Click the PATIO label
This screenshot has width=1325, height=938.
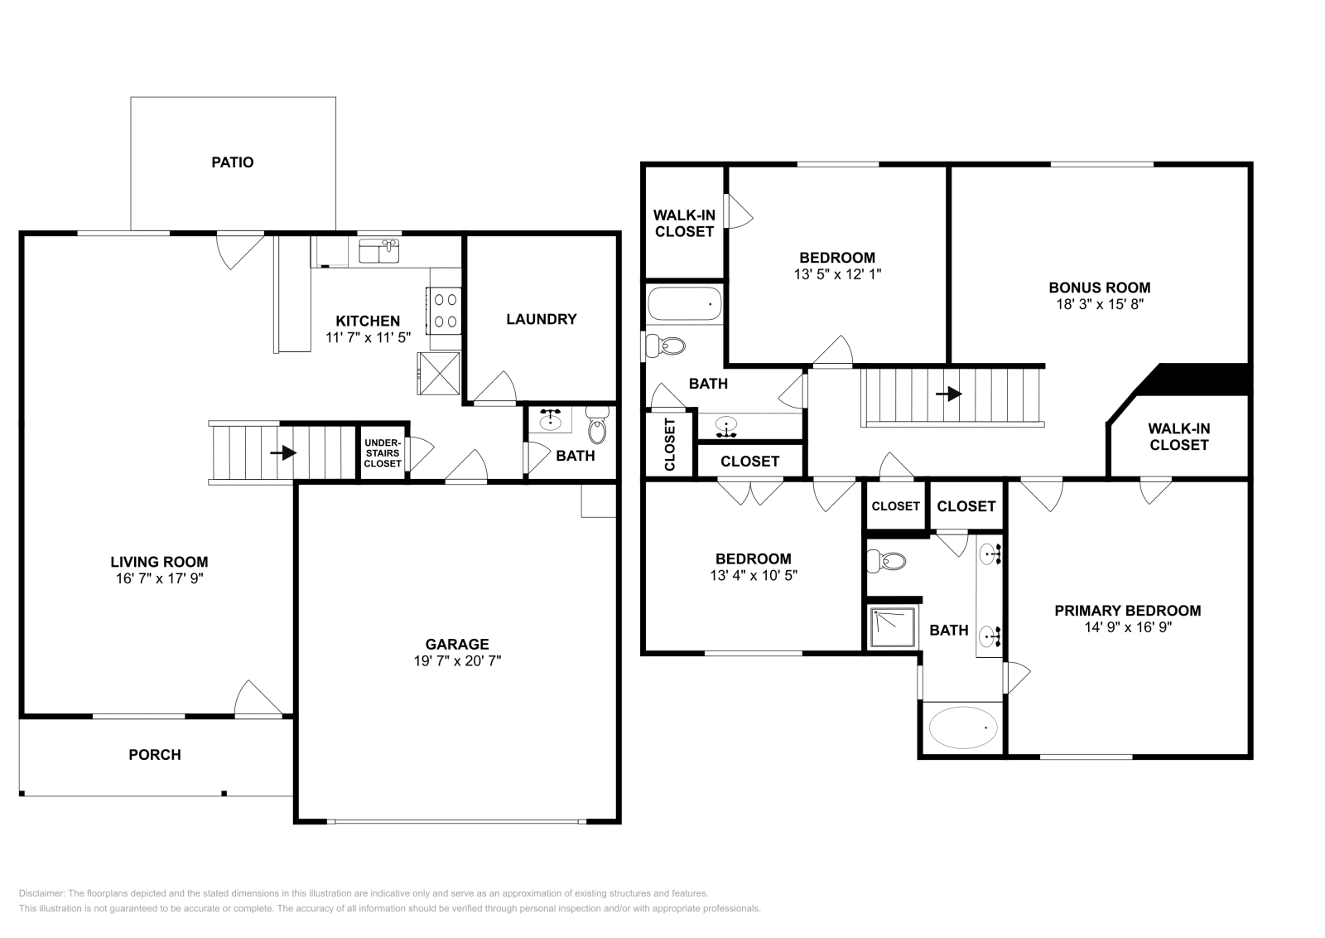click(233, 162)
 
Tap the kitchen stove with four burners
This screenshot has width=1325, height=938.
click(445, 311)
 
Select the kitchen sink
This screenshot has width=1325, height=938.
click(378, 252)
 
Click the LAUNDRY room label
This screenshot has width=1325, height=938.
click(542, 319)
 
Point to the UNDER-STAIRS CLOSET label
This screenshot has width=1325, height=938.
click(383, 453)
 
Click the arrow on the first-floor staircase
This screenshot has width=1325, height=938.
click(283, 453)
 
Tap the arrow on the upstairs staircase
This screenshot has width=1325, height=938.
click(949, 394)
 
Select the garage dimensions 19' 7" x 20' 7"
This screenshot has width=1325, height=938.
click(457, 660)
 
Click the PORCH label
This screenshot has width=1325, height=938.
click(155, 755)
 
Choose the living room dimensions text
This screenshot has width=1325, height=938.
click(159, 578)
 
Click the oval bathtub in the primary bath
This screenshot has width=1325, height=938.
click(963, 728)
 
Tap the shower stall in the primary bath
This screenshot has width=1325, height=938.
click(894, 627)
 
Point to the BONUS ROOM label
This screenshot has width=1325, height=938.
click(1100, 288)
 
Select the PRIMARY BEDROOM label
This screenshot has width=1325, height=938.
click(1127, 611)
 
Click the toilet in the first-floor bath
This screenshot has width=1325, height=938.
click(597, 425)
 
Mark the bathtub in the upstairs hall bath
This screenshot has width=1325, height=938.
click(685, 303)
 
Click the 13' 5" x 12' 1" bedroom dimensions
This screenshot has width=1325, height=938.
click(837, 274)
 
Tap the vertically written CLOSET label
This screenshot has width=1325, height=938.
click(670, 444)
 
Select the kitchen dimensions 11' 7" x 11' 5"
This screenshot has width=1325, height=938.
click(368, 337)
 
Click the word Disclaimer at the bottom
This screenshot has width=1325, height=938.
click(41, 893)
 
